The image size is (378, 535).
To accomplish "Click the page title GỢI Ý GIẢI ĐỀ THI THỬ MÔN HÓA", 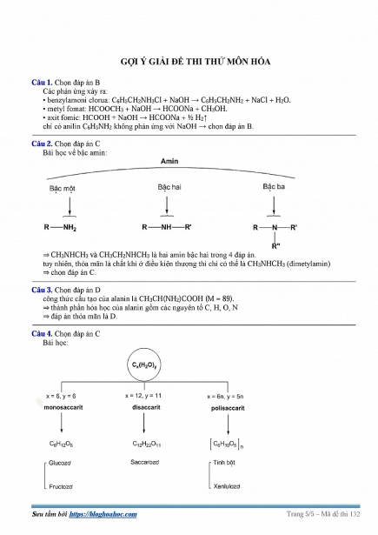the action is [x=196, y=62].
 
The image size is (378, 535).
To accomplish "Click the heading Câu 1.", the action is [x=42, y=83].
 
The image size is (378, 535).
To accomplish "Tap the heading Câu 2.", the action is [x=42, y=144].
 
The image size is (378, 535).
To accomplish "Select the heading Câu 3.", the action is [x=42, y=290].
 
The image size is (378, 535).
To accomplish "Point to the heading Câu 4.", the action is [x=42, y=334].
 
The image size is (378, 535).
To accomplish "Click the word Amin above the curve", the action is [x=169, y=161].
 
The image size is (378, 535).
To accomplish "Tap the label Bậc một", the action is [x=62, y=189].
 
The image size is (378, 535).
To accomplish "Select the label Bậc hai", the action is [x=169, y=187].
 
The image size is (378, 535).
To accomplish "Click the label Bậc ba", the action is [x=274, y=187].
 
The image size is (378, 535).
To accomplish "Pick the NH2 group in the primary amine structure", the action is [x=70, y=228].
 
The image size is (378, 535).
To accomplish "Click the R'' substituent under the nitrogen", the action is [x=275, y=246].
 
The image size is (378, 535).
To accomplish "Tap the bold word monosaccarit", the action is [x=63, y=407].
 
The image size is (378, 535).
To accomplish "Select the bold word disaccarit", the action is [x=146, y=407].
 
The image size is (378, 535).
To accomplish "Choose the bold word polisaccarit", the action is [x=228, y=408].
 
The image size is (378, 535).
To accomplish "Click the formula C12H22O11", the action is [x=147, y=444].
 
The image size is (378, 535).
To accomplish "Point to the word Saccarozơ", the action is [x=145, y=462].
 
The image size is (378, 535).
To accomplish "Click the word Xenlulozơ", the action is [x=227, y=486].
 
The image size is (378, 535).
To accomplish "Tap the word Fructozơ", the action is [x=61, y=487].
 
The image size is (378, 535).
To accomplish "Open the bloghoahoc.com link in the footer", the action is [x=103, y=514].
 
